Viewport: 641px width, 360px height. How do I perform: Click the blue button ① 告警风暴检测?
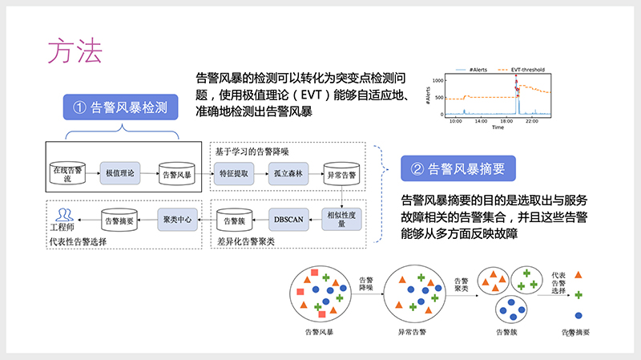[x=119, y=107]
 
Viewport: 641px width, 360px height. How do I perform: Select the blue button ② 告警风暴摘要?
[x=457, y=168]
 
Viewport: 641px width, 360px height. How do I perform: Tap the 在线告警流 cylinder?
[x=67, y=172]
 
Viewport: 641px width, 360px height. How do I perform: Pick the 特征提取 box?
[x=233, y=172]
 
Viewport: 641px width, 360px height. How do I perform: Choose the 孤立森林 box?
[x=286, y=172]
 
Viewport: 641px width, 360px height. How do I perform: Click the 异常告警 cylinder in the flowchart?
[x=341, y=172]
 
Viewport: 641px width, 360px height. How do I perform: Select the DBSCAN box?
[x=286, y=219]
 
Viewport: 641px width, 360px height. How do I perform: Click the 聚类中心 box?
[x=175, y=219]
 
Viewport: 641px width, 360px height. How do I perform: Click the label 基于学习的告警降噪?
[x=254, y=150]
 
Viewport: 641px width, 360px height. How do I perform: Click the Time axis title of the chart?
[x=498, y=127]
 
